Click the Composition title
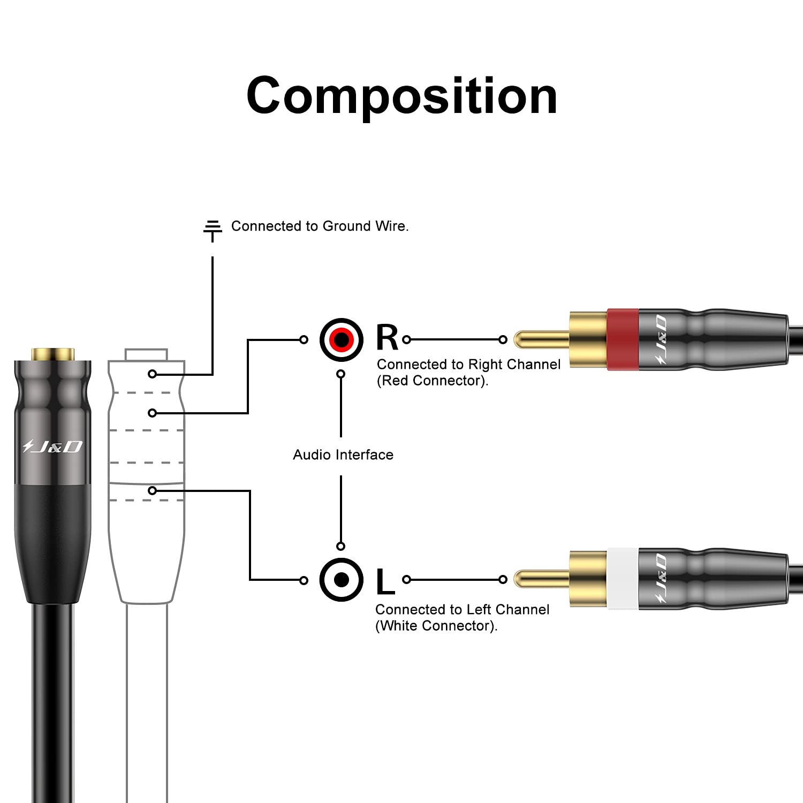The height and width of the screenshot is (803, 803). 401,96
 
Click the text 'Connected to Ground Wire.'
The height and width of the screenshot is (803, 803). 320,226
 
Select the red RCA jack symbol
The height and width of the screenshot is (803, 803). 341,339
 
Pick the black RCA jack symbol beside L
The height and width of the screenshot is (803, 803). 341,579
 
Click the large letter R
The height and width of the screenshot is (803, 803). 387,338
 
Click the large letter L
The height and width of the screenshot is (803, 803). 385,582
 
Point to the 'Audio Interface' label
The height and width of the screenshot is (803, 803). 343,455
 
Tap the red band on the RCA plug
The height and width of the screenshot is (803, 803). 623,339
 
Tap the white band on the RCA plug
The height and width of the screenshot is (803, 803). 623,579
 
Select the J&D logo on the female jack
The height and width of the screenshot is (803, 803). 52,446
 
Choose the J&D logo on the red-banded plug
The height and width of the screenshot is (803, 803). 661,339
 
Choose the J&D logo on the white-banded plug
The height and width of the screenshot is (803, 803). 661,579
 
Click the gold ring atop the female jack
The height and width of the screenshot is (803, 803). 52,354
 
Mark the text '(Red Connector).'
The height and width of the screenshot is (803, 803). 433,381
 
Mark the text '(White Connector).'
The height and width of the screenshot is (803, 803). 436,626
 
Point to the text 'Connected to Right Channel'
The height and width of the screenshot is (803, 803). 468,365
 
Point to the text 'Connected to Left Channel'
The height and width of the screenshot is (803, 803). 462,610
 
